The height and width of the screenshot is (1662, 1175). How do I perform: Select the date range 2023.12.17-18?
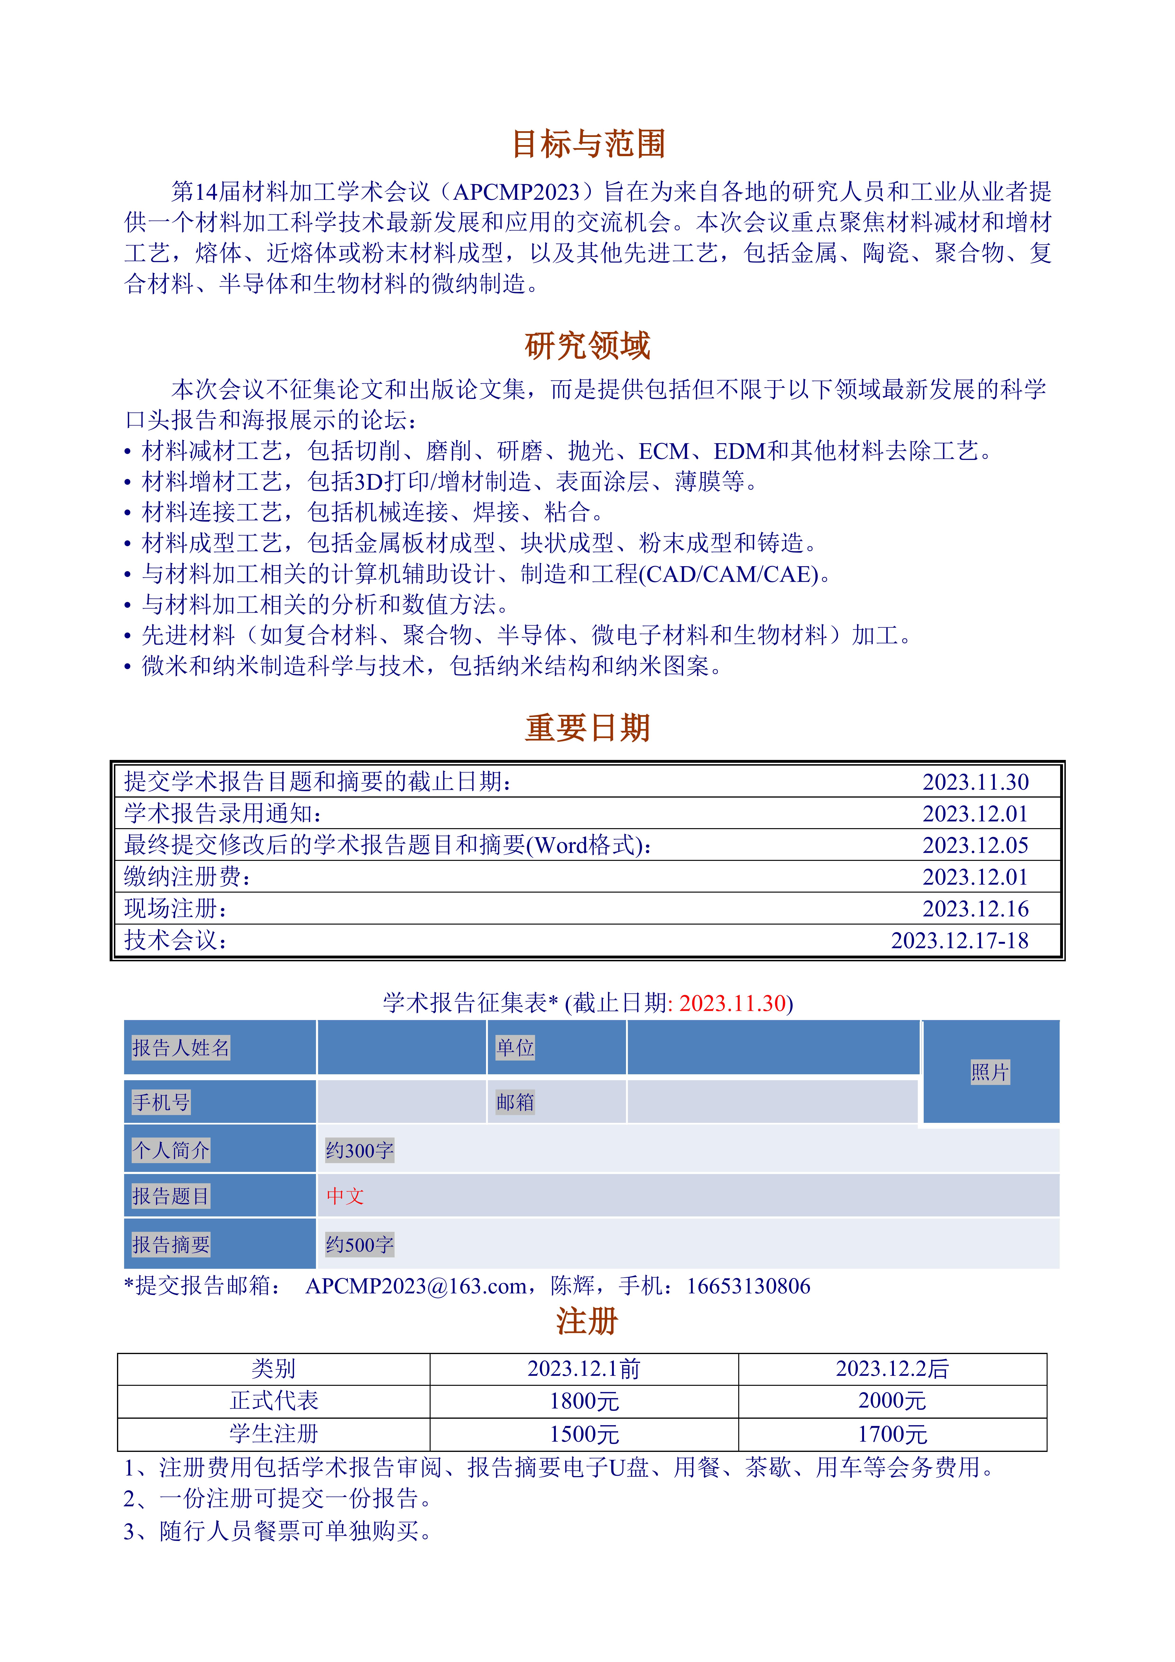(x=959, y=940)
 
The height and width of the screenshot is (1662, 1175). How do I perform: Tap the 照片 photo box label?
(x=990, y=1072)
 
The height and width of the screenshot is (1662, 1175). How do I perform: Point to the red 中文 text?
(x=345, y=1196)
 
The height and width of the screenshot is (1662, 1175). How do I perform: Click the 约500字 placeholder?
(x=359, y=1244)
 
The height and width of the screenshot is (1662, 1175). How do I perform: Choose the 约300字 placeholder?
(x=359, y=1150)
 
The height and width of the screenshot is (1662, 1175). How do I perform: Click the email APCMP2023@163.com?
(x=416, y=1286)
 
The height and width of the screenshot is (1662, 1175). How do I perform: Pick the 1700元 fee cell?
(x=892, y=1434)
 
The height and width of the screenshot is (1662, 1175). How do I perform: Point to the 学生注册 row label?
(x=274, y=1434)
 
